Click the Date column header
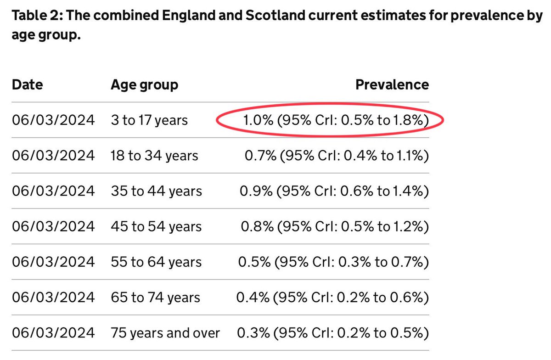[x=27, y=84]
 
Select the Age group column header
[x=144, y=85]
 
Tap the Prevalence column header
[x=392, y=84]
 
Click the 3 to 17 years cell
[x=149, y=120]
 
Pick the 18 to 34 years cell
[x=154, y=156]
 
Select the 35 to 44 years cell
[x=156, y=191]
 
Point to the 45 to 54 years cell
[x=156, y=227]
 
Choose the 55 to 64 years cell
[x=156, y=262]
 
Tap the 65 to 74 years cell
[x=155, y=298]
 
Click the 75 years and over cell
[x=165, y=333]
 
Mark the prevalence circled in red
[x=336, y=120]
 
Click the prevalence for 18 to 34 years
[x=337, y=156]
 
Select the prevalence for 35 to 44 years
[x=334, y=191]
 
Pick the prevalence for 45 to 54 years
[x=335, y=227]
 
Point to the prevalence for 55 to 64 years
[x=333, y=262]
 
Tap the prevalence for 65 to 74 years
[x=332, y=298]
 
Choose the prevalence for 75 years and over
[x=333, y=333]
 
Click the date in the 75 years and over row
[x=53, y=333]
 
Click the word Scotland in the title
[x=275, y=15]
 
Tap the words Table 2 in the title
[x=37, y=15]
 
